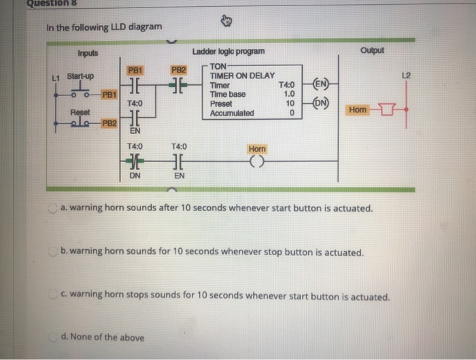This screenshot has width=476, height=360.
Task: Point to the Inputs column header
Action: pos(88,53)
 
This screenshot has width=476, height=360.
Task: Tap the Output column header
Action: pos(373,51)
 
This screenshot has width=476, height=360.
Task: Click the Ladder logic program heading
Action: pos(229,52)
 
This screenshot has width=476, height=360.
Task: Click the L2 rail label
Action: pos(405,73)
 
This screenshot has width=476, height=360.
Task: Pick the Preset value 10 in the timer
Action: pos(288,103)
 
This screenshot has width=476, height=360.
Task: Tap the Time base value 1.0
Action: pos(288,94)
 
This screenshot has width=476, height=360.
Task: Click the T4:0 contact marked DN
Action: pos(135,161)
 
